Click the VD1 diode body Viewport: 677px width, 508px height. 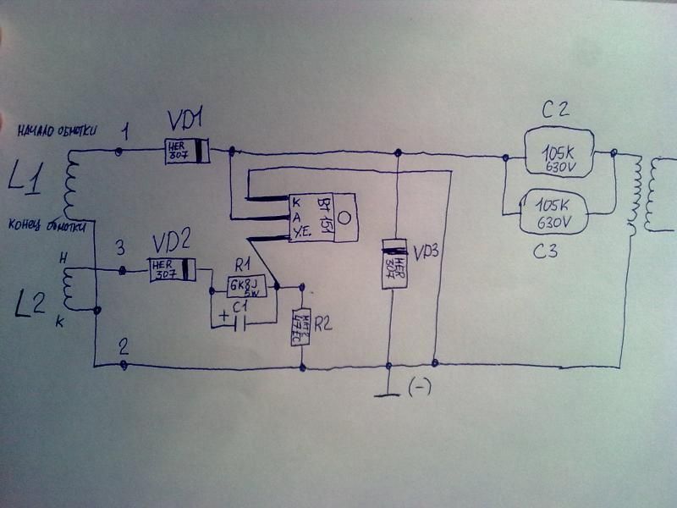[x=187, y=151]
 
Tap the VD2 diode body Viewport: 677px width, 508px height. [x=173, y=270]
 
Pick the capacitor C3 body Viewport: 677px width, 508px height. [x=559, y=212]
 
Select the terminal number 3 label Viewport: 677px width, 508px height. [x=120, y=247]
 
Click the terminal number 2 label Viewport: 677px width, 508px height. [x=124, y=345]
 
